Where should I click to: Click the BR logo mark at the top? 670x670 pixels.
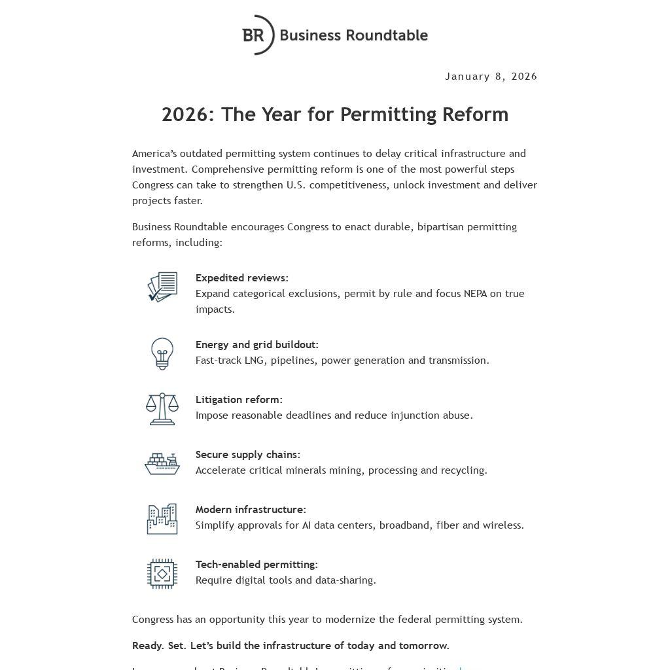point(257,35)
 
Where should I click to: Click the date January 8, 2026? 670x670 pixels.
point(491,77)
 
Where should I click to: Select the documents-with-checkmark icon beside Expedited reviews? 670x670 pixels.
point(162,287)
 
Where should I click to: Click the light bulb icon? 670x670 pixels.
point(162,353)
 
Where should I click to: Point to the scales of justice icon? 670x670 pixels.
point(162,408)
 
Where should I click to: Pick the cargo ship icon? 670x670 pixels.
point(162,463)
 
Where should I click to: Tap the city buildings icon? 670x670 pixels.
point(162,519)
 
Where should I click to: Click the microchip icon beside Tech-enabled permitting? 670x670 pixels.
point(162,574)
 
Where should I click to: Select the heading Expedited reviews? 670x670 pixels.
point(241,278)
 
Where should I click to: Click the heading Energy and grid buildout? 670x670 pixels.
point(256,345)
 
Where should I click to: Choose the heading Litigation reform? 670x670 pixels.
point(239,400)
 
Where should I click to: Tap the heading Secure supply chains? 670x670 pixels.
point(247,455)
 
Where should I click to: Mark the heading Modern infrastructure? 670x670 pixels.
point(251,510)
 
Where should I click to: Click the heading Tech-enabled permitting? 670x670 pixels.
point(256,565)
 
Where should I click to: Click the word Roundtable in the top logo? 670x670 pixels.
point(387,35)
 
